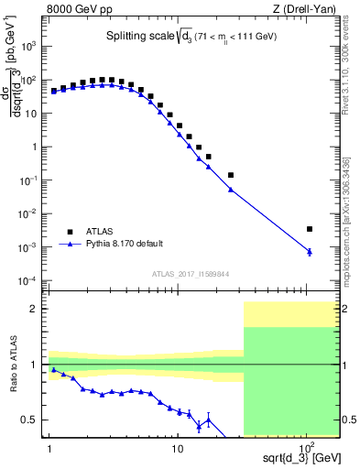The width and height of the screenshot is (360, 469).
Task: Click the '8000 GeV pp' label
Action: (77, 9)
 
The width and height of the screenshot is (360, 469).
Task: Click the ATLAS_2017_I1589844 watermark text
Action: (191, 273)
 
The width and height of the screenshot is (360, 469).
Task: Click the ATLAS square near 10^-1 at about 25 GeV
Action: (231, 174)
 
